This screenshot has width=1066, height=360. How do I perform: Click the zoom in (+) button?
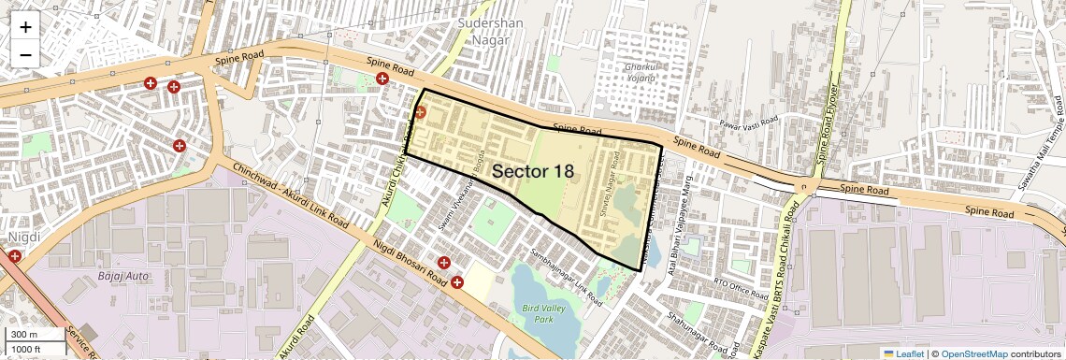[25, 27]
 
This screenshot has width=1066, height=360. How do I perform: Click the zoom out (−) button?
[25, 55]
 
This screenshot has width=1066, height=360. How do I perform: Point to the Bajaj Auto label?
[123, 277]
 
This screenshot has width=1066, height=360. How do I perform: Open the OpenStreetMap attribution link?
[973, 353]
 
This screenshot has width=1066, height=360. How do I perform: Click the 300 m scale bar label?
[24, 335]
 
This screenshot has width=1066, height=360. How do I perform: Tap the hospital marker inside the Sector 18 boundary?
[420, 112]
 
